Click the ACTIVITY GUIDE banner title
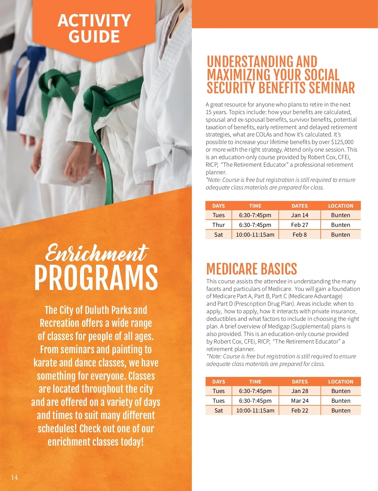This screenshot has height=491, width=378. (x=94, y=28)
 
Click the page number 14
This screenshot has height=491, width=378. (x=14, y=477)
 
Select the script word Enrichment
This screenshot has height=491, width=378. (x=96, y=253)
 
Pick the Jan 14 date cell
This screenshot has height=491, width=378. (x=300, y=215)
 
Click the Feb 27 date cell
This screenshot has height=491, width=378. (x=300, y=225)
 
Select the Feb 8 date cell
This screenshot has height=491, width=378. (x=300, y=235)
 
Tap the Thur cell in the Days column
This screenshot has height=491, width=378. (x=218, y=225)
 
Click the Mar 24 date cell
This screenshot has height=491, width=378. (x=300, y=401)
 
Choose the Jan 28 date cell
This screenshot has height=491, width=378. (x=300, y=391)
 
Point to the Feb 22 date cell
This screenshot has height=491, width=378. (x=300, y=411)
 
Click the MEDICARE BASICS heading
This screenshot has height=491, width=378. (x=251, y=269)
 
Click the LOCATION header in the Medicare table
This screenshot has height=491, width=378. (x=341, y=382)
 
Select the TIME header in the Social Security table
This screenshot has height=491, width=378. (x=255, y=206)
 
